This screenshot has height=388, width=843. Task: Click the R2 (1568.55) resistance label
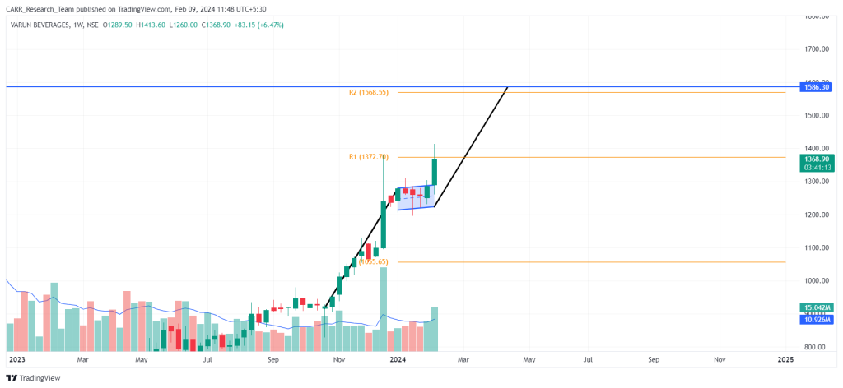(x=368, y=93)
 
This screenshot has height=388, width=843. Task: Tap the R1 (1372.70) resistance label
(x=369, y=156)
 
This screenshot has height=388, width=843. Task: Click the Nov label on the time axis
(x=338, y=360)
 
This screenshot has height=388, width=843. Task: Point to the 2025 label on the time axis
(x=785, y=360)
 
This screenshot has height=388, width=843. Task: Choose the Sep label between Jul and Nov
(x=273, y=360)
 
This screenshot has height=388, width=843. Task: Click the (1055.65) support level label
(x=374, y=261)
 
